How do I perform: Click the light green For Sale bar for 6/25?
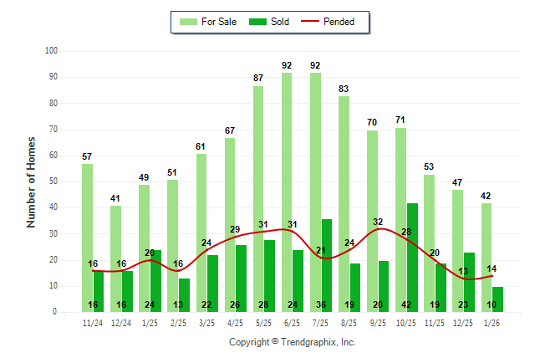click(287, 192)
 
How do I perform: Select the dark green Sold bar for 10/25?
click(413, 251)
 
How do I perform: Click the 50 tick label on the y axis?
click(53, 181)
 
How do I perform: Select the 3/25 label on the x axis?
click(207, 323)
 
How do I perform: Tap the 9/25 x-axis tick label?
click(378, 323)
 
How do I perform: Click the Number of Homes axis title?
click(32, 181)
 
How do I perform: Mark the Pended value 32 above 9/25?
click(378, 222)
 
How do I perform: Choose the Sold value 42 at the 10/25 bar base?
click(413, 304)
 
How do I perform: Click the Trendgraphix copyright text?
click(293, 342)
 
